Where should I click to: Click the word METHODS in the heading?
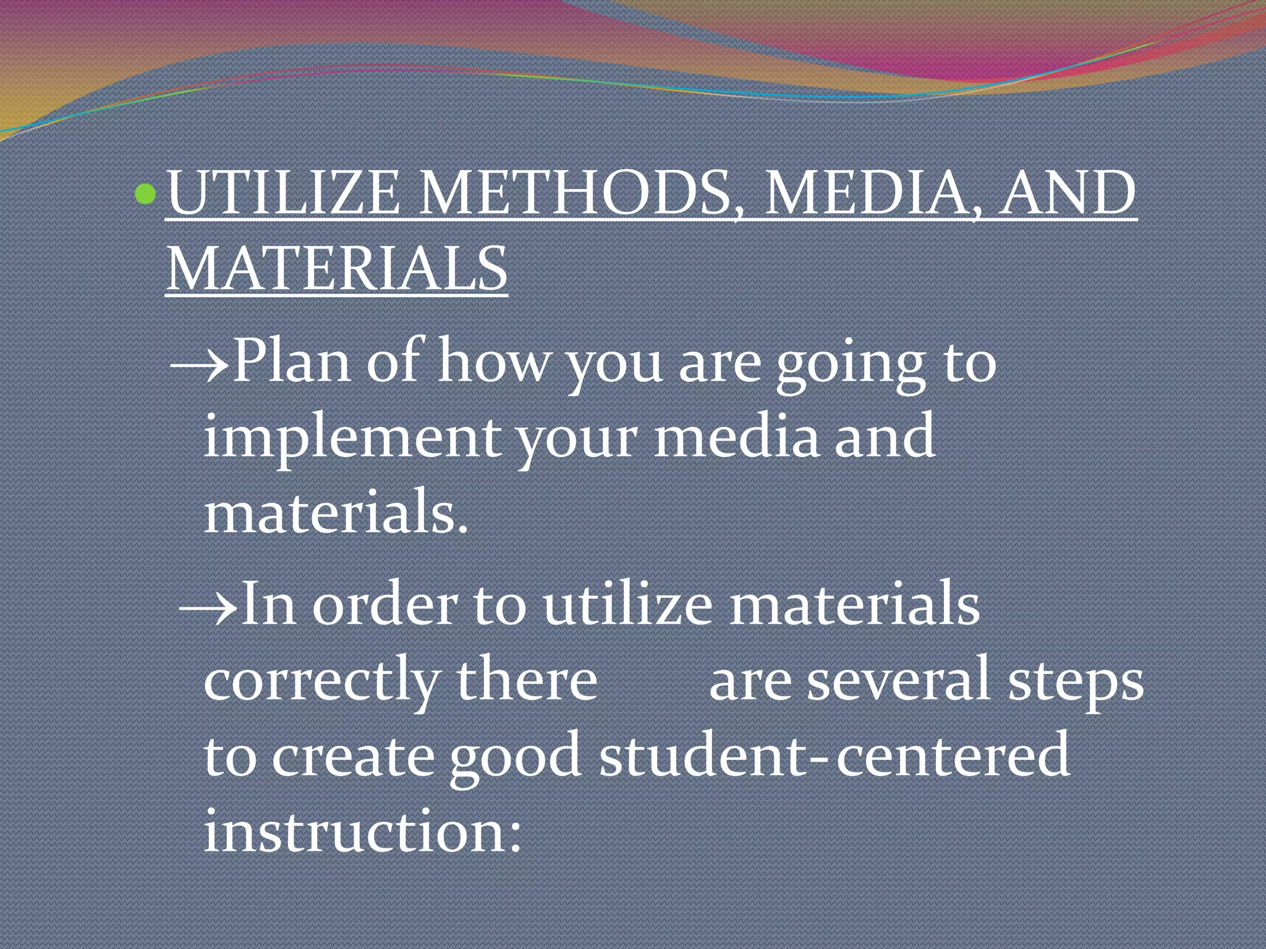[575, 193]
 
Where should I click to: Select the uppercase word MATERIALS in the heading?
[337, 269]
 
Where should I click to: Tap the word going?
[851, 365]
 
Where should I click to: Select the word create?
[352, 757]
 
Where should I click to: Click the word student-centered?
[834, 756]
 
